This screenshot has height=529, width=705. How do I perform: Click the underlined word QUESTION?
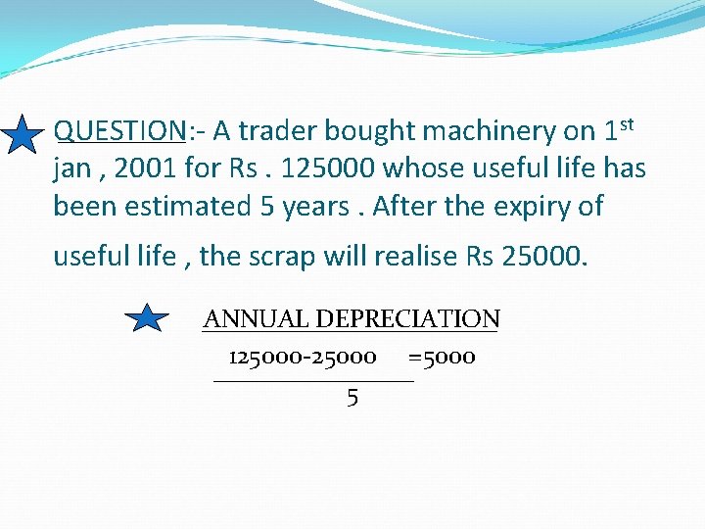(119, 130)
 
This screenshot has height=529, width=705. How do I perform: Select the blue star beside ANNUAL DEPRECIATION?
(147, 317)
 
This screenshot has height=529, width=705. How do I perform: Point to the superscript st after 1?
(628, 123)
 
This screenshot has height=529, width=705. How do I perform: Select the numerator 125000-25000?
(302, 358)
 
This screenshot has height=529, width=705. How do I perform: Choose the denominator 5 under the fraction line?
(352, 398)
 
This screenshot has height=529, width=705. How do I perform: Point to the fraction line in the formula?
(313, 380)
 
